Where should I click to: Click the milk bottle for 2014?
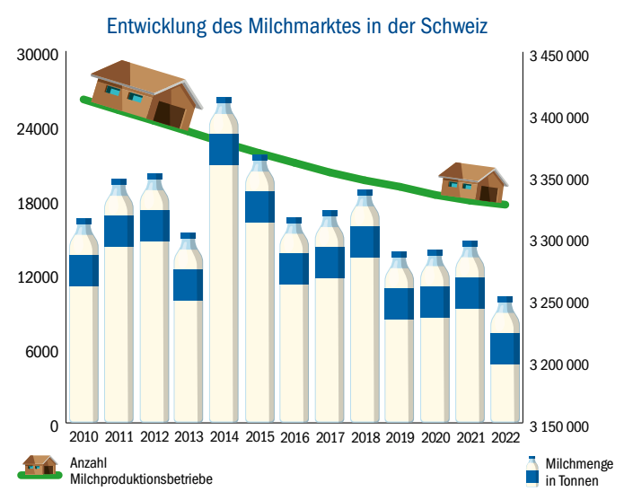[224, 269]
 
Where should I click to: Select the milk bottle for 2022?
[505, 368]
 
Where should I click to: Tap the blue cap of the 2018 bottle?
[365, 192]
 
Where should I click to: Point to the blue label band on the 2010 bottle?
[83, 270]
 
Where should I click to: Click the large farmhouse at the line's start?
[145, 93]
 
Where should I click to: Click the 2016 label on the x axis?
[294, 437]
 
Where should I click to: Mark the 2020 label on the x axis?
[435, 437]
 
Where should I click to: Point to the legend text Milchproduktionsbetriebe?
[141, 478]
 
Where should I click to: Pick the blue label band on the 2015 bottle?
[259, 206]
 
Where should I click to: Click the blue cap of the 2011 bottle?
[119, 182]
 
